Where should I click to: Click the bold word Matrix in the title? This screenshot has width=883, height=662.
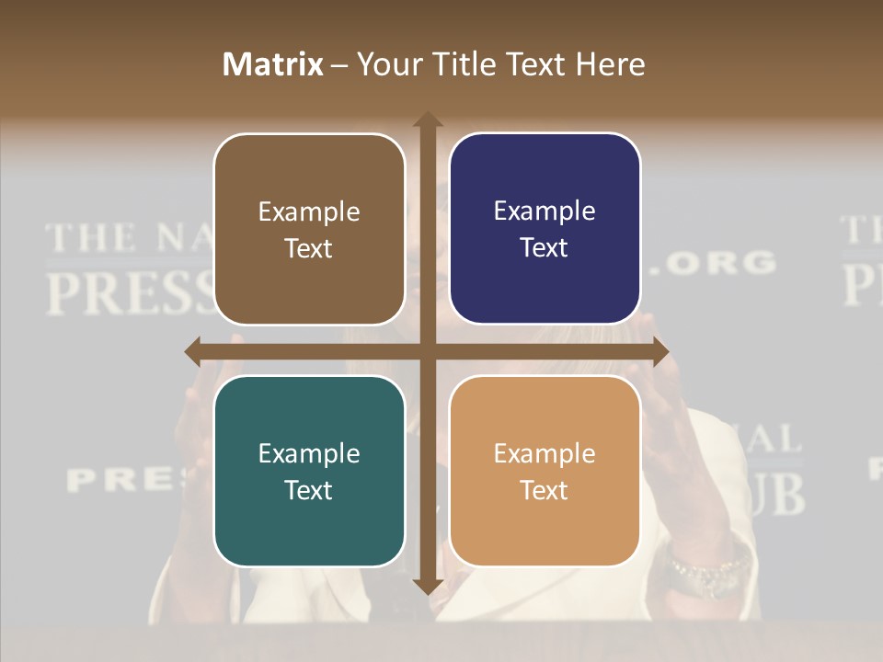pyautogui.click(x=273, y=64)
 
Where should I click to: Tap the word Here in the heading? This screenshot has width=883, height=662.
pyautogui.click(x=610, y=64)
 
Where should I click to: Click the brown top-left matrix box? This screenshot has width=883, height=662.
pyautogui.click(x=309, y=229)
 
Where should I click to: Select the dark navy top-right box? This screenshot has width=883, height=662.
pyautogui.click(x=545, y=229)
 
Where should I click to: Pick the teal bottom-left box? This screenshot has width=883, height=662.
pyautogui.click(x=309, y=471)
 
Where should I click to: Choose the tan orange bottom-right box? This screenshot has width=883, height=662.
pyautogui.click(x=545, y=471)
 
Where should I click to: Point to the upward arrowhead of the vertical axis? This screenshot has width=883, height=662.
pyautogui.click(x=428, y=120)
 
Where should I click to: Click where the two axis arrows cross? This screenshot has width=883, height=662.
pyautogui.click(x=428, y=351)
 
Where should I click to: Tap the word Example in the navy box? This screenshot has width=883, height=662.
pyautogui.click(x=545, y=211)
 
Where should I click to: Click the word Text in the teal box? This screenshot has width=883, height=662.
pyautogui.click(x=309, y=490)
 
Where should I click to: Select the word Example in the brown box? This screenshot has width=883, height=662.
pyautogui.click(x=309, y=211)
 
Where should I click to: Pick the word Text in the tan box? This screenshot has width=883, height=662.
pyautogui.click(x=545, y=490)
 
